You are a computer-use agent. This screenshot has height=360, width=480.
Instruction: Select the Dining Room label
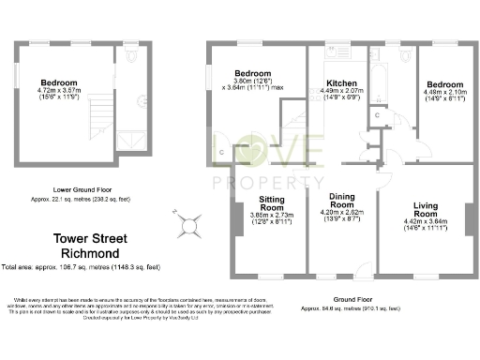click(x=341, y=199)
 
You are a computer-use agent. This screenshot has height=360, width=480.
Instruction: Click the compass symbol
click(x=189, y=224)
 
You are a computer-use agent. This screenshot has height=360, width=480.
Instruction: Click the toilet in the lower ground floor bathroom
click(x=131, y=57)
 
